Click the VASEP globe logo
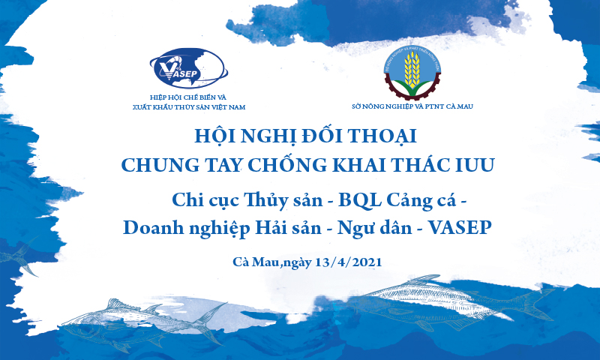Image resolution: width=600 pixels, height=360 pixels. coord(188,70)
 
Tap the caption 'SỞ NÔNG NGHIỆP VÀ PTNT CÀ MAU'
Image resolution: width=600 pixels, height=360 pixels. coord(412,106)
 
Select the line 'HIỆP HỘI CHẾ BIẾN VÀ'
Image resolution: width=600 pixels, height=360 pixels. coord(188,97)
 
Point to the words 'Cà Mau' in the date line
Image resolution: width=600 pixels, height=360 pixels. coord(255,262)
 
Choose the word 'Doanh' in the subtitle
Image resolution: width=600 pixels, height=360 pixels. coord(148,227)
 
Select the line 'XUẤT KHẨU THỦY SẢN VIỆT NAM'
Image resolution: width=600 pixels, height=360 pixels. coord(188,107)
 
